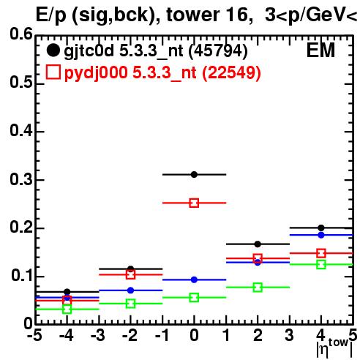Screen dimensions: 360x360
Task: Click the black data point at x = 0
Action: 194,174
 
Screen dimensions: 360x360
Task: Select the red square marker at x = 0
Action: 194,203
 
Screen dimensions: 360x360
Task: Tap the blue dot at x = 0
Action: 194,280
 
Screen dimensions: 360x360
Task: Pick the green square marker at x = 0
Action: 194,298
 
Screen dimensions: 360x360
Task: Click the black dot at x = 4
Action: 321,228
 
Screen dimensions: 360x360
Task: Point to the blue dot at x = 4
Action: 321,235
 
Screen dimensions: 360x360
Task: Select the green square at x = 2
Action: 258,288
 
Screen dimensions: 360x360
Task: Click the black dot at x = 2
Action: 258,244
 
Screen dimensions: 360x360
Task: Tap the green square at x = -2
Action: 131,304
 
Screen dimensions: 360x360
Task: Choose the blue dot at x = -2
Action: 131,290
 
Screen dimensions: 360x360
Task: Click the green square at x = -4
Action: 67,310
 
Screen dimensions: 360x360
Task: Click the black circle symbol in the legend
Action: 53,50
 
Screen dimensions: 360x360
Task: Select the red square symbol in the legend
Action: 53,72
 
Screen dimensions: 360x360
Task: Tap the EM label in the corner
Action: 320,50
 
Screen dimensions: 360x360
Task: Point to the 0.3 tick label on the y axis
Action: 21,179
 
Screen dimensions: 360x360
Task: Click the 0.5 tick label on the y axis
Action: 21,83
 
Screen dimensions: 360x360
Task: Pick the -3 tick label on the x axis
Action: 98,335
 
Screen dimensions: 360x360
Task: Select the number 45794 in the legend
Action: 218,50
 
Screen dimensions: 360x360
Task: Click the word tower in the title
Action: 193,15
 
